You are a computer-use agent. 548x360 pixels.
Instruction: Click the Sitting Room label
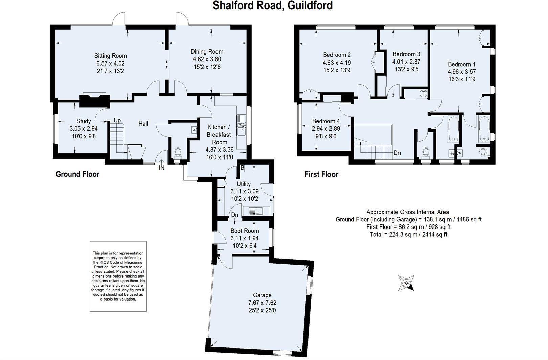(x=111, y=56)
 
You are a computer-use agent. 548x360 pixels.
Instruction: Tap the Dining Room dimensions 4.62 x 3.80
(x=207, y=59)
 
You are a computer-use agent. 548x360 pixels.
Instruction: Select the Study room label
(x=84, y=121)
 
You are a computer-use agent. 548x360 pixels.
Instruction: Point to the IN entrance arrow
(x=162, y=165)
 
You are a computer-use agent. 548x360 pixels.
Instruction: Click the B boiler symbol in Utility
(x=242, y=167)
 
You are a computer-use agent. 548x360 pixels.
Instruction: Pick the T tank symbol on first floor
(x=424, y=94)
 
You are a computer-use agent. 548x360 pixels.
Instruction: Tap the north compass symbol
(x=406, y=283)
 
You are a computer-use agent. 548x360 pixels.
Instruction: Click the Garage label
(x=262, y=295)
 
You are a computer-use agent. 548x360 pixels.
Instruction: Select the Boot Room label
(x=245, y=231)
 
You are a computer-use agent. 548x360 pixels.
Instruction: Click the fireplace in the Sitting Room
(x=95, y=100)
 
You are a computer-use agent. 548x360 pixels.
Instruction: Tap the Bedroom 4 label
(x=326, y=121)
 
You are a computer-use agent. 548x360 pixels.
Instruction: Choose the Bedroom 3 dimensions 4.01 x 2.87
(x=406, y=62)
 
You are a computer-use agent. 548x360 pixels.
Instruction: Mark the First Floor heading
(x=321, y=174)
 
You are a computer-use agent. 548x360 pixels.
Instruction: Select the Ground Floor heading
(x=77, y=174)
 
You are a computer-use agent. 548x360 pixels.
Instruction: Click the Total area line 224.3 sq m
(x=408, y=234)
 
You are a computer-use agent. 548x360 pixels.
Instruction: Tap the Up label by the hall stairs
(x=117, y=120)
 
